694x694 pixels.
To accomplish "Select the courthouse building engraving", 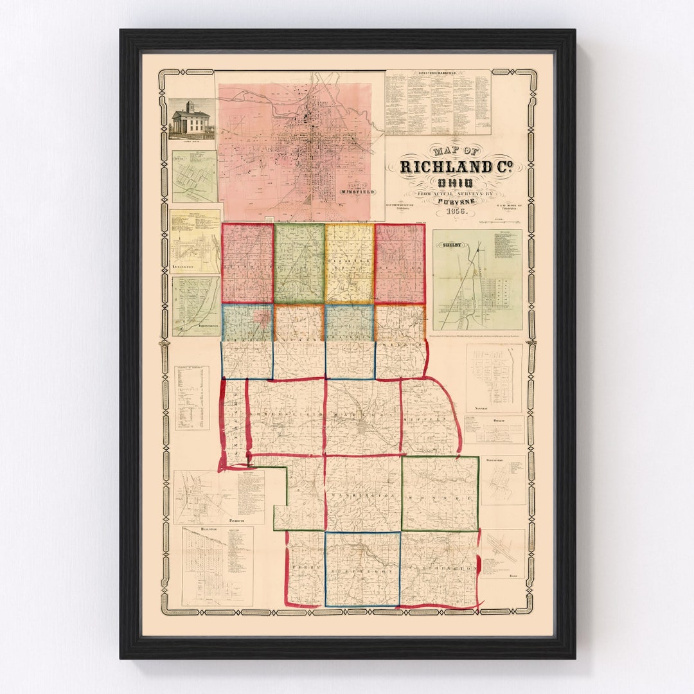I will coord(191,120).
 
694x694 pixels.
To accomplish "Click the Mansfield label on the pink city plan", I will coord(355,191).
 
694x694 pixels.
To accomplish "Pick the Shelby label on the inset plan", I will coord(448,243).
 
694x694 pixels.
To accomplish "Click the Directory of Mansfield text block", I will coord(438,103).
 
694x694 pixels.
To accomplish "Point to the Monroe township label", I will coord(440,498).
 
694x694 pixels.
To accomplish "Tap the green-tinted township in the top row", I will coord(299,263).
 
